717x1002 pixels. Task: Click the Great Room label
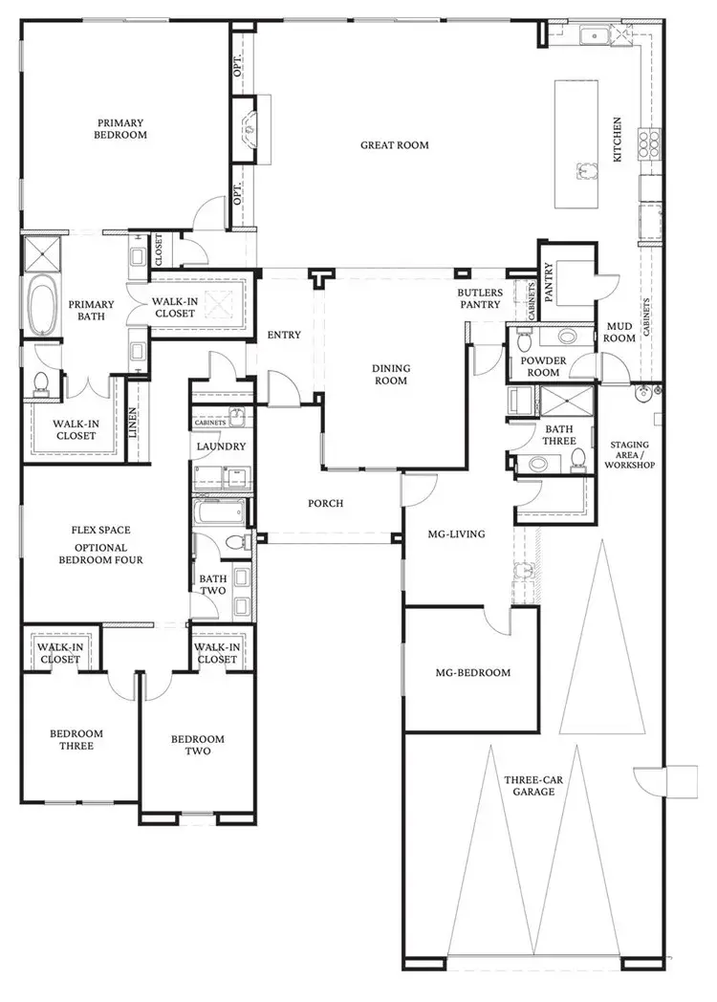[394, 145]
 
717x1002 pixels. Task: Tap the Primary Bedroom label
[119, 129]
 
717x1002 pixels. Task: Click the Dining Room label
[390, 374]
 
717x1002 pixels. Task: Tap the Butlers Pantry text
[479, 298]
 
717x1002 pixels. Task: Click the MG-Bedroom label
[472, 672]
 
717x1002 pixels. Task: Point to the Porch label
[325, 503]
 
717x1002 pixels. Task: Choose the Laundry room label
[222, 447]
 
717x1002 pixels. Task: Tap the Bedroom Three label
[76, 740]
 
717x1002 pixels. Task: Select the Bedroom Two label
[198, 745]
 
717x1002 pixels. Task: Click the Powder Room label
[539, 367]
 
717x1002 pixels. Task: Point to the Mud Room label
[620, 332]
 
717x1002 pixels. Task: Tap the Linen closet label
[134, 423]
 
